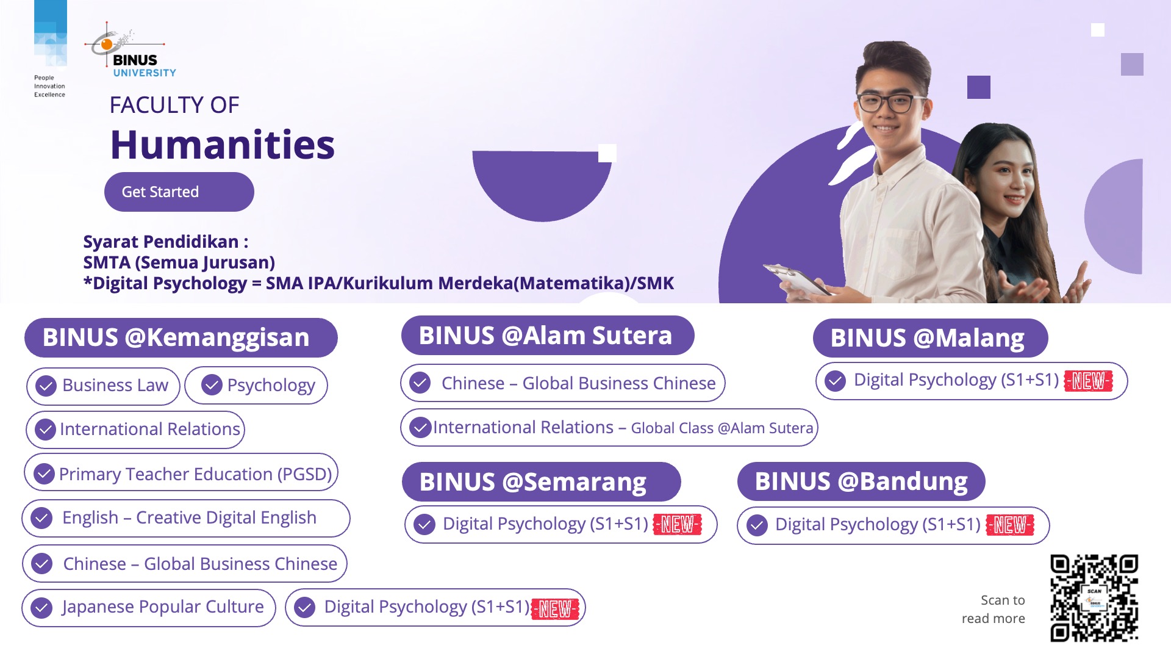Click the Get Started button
[x=179, y=192]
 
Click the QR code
[x=1094, y=598]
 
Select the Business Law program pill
[x=103, y=386]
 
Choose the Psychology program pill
[x=256, y=386]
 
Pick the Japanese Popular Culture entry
[x=149, y=608]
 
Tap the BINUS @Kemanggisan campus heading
[x=181, y=337]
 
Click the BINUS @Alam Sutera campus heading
[x=548, y=336]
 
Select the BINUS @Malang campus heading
[x=930, y=337]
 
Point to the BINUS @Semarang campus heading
[x=541, y=481]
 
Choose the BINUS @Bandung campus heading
[x=861, y=481]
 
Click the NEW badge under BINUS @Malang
[x=1089, y=381]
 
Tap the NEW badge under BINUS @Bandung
[x=1010, y=525]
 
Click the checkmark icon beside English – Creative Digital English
[x=41, y=518]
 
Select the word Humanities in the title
[x=223, y=145]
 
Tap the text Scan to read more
[x=994, y=609]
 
